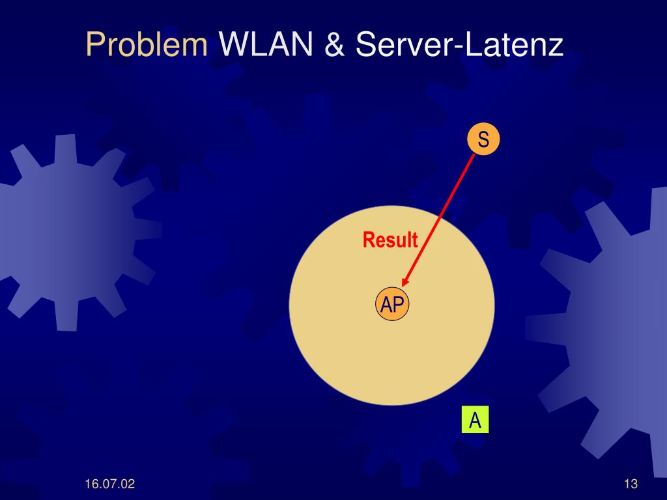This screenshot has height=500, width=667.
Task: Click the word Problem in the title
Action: [147, 46]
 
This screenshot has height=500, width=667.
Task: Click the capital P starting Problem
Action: [95, 46]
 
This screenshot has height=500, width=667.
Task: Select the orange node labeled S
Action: [483, 139]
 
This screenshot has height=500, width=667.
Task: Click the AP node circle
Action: [392, 304]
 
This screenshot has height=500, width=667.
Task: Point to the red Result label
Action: [390, 240]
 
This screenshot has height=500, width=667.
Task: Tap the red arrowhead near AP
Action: [405, 281]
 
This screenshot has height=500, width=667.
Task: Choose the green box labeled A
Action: [475, 421]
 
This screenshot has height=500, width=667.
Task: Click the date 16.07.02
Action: [109, 484]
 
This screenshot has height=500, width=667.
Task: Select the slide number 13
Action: [630, 484]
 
